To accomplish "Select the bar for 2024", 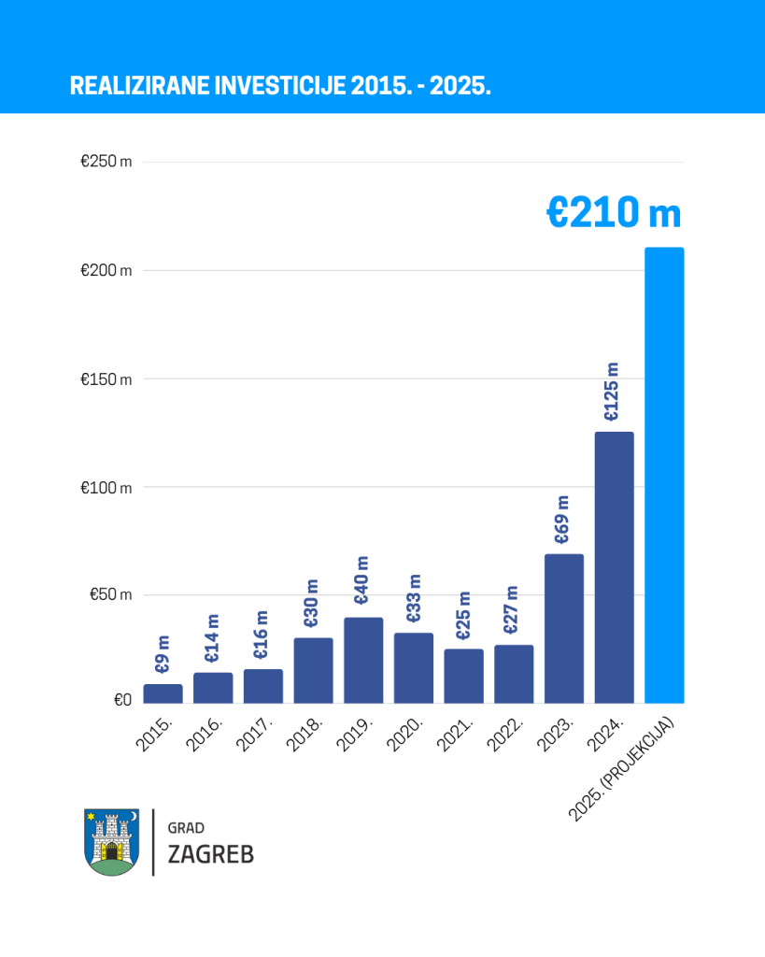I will [x=614, y=567].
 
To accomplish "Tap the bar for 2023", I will [x=564, y=628].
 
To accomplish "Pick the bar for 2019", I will [x=363, y=660].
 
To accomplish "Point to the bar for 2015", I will [x=163, y=693].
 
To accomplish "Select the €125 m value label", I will [x=612, y=393].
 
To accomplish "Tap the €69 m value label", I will [x=562, y=521].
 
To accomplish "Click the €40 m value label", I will [x=362, y=581].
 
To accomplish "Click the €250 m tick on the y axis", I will [x=106, y=162].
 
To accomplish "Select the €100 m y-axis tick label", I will [x=106, y=488].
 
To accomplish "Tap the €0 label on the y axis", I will [x=122, y=700].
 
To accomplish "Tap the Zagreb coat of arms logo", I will [x=111, y=841].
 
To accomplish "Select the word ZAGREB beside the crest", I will [x=210, y=854].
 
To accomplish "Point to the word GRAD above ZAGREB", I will [x=186, y=828].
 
